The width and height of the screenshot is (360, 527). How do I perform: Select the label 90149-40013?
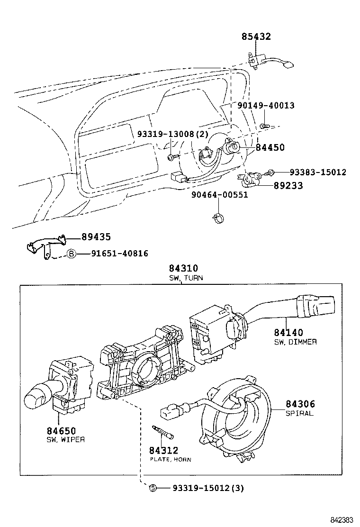[266, 105]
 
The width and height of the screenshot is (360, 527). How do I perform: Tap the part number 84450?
[270, 147]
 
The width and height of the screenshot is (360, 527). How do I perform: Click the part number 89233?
[288, 186]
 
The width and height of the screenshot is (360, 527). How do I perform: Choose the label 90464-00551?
[219, 195]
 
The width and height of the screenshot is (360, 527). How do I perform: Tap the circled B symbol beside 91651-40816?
[71, 254]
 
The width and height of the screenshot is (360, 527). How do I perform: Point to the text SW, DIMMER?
[295, 342]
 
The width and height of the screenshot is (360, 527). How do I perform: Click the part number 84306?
[300, 404]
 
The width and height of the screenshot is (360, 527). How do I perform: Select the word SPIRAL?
[299, 413]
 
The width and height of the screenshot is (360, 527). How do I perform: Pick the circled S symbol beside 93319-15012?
[153, 488]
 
